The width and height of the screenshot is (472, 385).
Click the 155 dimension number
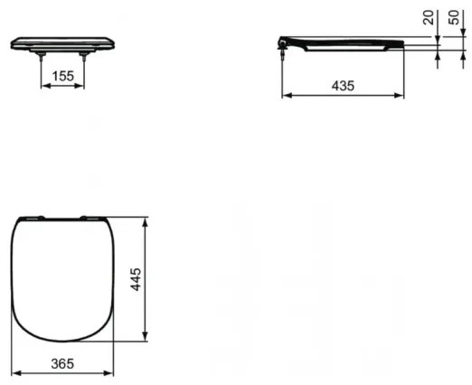tap(61, 77)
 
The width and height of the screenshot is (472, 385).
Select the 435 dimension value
tap(342, 84)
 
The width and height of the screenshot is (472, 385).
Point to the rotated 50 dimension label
tap(455, 19)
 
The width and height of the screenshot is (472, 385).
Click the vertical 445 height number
tap(134, 279)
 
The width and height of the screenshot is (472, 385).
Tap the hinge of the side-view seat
tap(287, 43)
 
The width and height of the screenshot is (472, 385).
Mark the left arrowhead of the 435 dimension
tap(286, 93)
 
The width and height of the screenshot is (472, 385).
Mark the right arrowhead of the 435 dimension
tap(402, 93)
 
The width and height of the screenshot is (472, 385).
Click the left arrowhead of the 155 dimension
tap(42, 86)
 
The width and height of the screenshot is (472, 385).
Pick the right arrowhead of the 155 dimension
tap(83, 86)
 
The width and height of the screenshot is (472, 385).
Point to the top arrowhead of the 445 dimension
tap(146, 220)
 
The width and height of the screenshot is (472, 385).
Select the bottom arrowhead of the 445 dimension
tap(146, 340)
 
